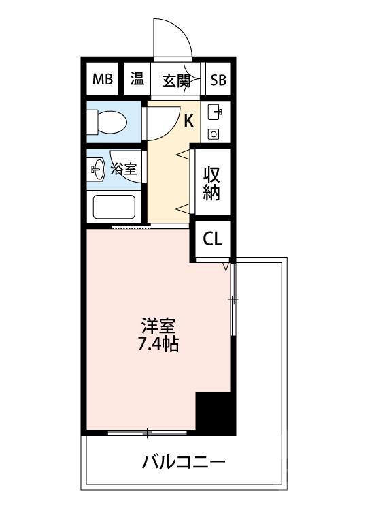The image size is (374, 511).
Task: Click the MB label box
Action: coord(102,80)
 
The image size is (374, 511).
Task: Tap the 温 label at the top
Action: coord(137,79)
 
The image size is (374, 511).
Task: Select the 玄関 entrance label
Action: coord(175,80)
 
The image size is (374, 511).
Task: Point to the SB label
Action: coord(218,80)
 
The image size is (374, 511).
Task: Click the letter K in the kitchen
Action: coord(189,121)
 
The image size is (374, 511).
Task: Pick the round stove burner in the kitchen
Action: coord(214,134)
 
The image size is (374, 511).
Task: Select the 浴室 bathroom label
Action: coord(125,168)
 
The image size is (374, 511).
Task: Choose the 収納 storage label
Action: coord(211,183)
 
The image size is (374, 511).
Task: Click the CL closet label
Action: coord(212,239)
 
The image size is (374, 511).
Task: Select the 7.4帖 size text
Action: coord(159,343)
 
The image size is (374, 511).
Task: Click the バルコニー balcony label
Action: coord(184,463)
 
